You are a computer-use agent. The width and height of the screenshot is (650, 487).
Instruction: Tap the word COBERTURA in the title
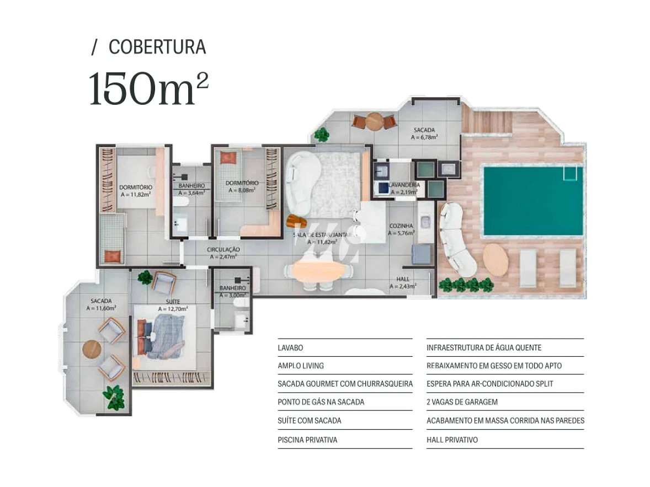pyautogui.click(x=157, y=47)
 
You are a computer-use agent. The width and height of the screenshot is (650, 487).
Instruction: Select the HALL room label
pyautogui.click(x=403, y=279)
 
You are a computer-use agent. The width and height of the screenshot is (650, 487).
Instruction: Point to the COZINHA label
pyautogui.click(x=401, y=226)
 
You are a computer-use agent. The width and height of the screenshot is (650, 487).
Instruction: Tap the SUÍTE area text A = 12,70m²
pyautogui.click(x=173, y=309)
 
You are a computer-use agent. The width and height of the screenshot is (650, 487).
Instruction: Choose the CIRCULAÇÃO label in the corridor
pyautogui.click(x=223, y=249)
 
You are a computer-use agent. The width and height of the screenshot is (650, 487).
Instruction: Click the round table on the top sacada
pyautogui.click(x=375, y=120)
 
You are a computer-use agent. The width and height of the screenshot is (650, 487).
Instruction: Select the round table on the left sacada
pyautogui.click(x=92, y=349)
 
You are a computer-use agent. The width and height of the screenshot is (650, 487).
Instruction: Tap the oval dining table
pyautogui.click(x=321, y=270)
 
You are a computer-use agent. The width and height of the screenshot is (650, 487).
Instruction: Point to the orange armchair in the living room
pyautogui.click(x=296, y=222)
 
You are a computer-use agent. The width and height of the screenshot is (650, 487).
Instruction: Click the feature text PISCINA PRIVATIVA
pyautogui.click(x=307, y=440)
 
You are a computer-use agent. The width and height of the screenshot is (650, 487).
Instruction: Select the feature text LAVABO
pyautogui.click(x=290, y=348)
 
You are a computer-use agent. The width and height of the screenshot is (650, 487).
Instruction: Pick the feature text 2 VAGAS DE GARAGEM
pyautogui.click(x=462, y=402)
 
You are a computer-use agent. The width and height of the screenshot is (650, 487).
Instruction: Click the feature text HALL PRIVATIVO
pyautogui.click(x=452, y=440)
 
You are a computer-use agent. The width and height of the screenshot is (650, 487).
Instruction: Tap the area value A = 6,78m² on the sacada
pyautogui.click(x=424, y=138)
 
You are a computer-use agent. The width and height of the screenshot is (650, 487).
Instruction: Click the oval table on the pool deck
pyautogui.click(x=496, y=260)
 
